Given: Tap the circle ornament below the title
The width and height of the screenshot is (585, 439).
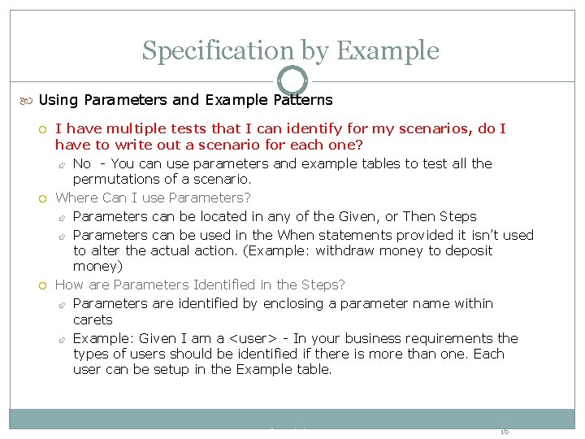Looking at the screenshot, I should pyautogui.click(x=292, y=80).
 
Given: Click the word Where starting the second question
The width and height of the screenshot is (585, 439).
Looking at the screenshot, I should pyautogui.click(x=76, y=198).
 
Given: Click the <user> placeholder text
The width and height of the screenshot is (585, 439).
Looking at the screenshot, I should pyautogui.click(x=257, y=338).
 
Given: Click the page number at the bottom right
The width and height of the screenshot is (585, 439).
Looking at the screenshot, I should pyautogui.click(x=504, y=431).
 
